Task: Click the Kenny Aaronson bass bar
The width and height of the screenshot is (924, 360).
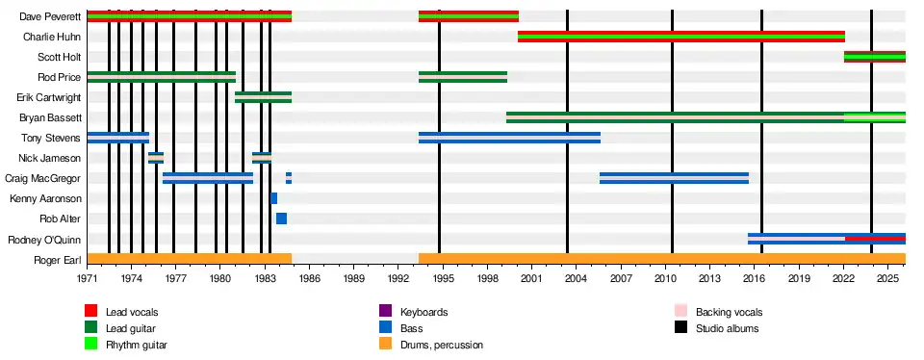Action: click(274, 198)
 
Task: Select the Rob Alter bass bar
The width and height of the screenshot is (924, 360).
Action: click(282, 219)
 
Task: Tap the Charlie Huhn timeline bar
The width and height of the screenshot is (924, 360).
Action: click(681, 37)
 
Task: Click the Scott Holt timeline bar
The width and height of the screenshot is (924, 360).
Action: click(875, 57)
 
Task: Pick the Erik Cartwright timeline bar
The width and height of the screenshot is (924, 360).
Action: click(264, 97)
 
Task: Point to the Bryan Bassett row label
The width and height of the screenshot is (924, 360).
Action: click(50, 117)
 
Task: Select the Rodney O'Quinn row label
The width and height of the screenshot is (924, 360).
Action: click(45, 240)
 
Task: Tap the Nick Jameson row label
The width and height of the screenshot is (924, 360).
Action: click(49, 158)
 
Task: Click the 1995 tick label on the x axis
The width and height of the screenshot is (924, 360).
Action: click(443, 277)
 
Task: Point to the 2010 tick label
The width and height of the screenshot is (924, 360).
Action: click(666, 277)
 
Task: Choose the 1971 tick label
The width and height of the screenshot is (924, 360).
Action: click(88, 277)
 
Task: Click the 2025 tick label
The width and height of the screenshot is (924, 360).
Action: click(888, 277)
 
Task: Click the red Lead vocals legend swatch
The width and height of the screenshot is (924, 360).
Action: click(90, 311)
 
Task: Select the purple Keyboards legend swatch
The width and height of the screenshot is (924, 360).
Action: click(386, 311)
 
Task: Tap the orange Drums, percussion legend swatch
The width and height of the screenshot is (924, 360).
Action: click(386, 344)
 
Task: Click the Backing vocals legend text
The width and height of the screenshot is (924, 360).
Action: click(729, 312)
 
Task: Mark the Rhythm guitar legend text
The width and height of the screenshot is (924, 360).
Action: click(136, 345)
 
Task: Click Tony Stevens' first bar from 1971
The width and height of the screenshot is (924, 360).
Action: click(117, 138)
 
